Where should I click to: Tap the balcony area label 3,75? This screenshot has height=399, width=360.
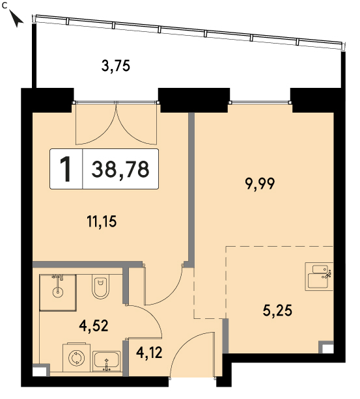116,66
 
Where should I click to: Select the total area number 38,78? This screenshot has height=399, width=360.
120,169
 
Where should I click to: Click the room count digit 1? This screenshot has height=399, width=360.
66,169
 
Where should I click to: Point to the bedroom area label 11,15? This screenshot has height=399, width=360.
102,221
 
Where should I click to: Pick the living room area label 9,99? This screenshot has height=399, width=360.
260,184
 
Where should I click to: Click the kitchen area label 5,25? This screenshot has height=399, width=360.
277,310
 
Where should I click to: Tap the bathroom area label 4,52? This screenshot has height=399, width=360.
94,325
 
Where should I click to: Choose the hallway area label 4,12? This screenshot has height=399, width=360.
149,353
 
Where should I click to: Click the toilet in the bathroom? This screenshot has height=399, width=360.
100,286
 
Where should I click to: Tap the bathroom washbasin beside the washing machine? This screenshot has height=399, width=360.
106,361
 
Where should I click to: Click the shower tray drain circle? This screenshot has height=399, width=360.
58,292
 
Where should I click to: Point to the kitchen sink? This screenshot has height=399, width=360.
319,277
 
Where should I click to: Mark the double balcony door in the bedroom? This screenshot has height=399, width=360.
116,123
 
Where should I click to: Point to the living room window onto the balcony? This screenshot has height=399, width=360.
260,102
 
